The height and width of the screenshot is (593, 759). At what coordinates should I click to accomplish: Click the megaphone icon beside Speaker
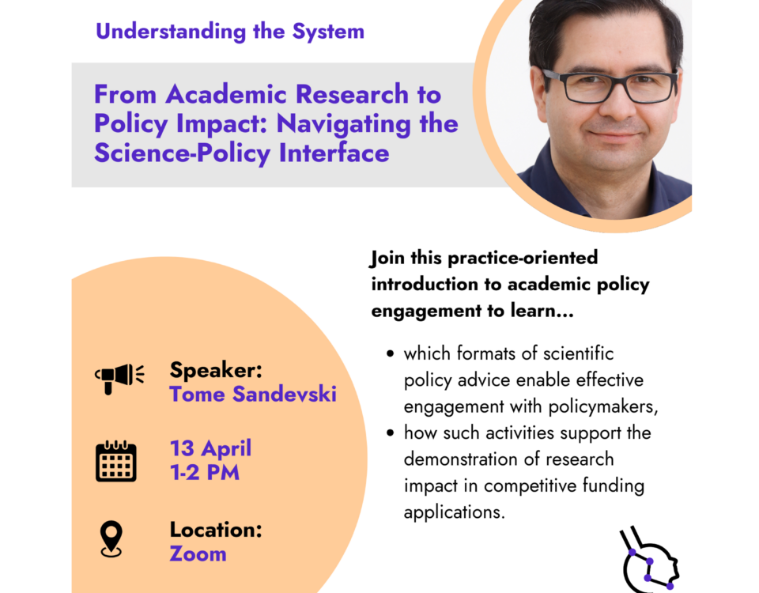click(119, 378)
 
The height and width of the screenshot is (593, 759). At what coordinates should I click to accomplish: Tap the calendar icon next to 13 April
click(116, 461)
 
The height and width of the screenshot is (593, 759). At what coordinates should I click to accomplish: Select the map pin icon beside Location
click(111, 538)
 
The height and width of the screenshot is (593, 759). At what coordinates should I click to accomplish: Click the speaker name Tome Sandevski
click(253, 394)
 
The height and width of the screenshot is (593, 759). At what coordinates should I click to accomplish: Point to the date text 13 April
click(210, 448)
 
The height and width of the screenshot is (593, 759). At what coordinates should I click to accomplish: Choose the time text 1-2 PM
click(205, 473)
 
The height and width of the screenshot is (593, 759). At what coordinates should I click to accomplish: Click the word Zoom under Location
click(198, 553)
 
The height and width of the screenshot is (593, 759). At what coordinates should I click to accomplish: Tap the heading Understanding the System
click(230, 32)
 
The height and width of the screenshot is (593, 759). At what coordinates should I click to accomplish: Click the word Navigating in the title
click(344, 125)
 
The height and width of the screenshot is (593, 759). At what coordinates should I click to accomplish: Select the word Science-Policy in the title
click(182, 154)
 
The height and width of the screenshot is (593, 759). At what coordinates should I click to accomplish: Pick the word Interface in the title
click(334, 153)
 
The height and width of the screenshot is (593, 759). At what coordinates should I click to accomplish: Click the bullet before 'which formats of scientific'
click(390, 354)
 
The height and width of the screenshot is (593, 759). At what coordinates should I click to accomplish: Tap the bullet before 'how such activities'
click(390, 432)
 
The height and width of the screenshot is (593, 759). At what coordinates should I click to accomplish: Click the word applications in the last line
click(454, 512)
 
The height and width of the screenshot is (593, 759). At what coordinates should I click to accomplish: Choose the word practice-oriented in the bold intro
click(523, 258)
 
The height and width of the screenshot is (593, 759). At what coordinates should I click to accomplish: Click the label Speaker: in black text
click(216, 370)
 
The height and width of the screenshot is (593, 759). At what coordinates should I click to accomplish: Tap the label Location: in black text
click(216, 530)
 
